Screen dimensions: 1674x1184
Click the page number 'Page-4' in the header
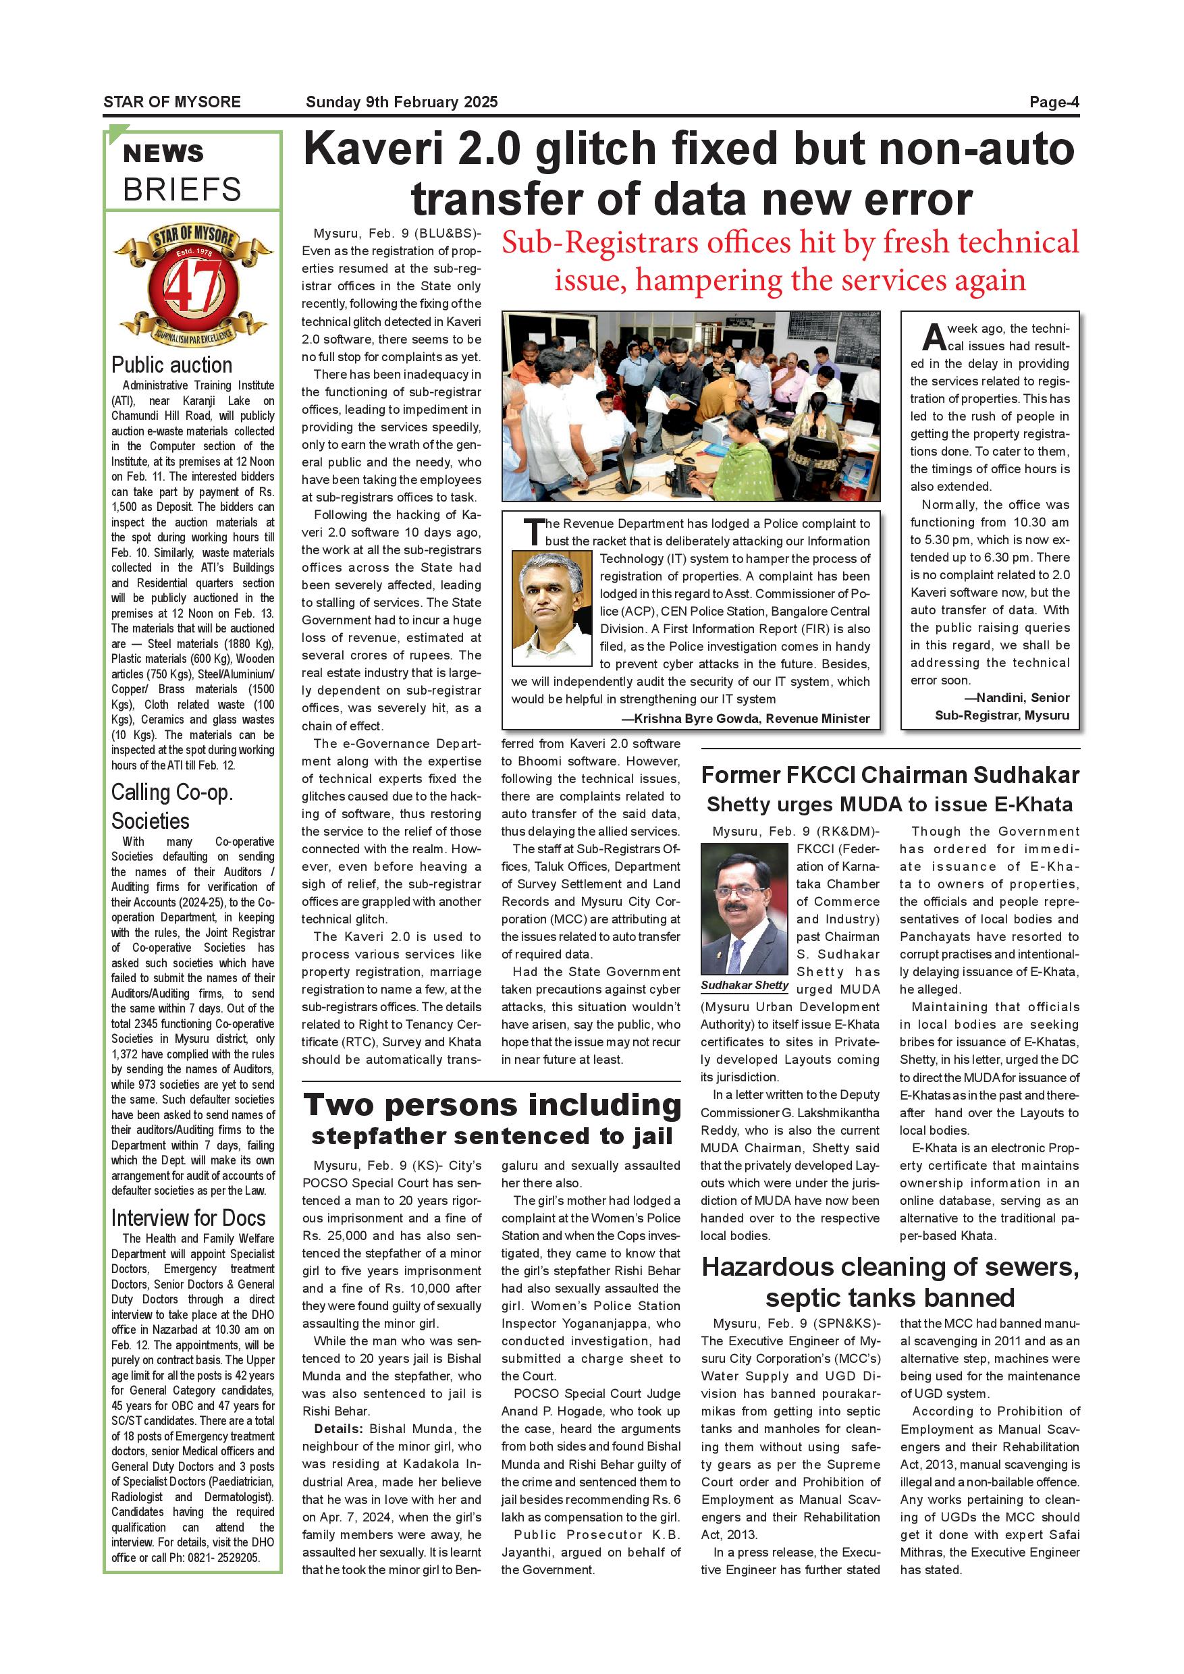1054,102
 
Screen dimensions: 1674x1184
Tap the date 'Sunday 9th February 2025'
402,102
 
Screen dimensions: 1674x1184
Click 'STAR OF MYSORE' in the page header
172,102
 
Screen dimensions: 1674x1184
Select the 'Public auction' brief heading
172,364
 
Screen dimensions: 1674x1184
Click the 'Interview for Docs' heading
188,1218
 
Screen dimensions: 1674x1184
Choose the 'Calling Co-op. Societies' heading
172,807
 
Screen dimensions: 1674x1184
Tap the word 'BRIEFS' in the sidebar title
182,190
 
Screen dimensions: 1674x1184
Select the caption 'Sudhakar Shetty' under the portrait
745,985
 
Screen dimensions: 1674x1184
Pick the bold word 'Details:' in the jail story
338,1428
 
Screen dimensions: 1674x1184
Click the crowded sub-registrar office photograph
691,406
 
